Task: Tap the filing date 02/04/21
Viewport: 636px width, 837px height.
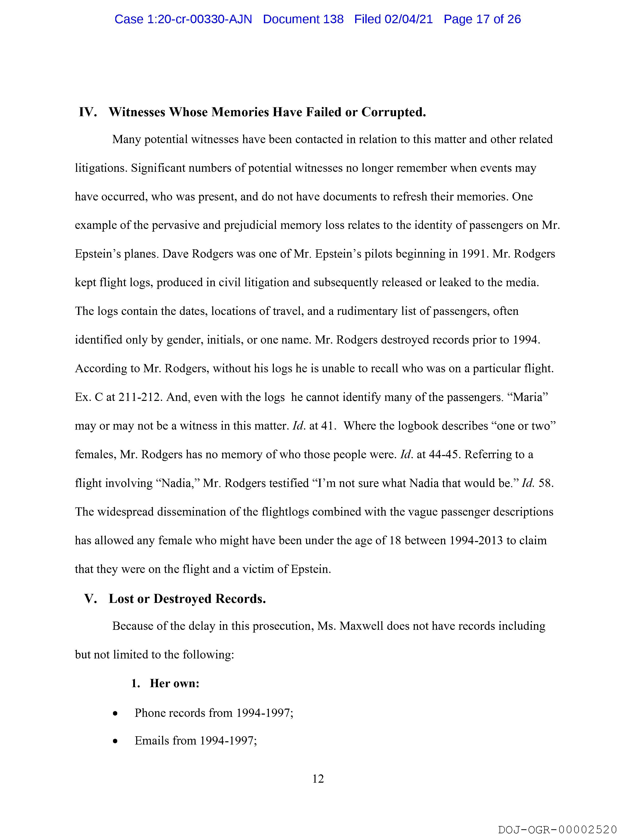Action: [x=409, y=19]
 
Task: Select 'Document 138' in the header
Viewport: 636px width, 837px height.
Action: [x=303, y=19]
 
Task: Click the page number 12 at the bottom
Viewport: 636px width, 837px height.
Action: [x=318, y=779]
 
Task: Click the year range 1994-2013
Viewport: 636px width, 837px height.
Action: [x=476, y=540]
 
